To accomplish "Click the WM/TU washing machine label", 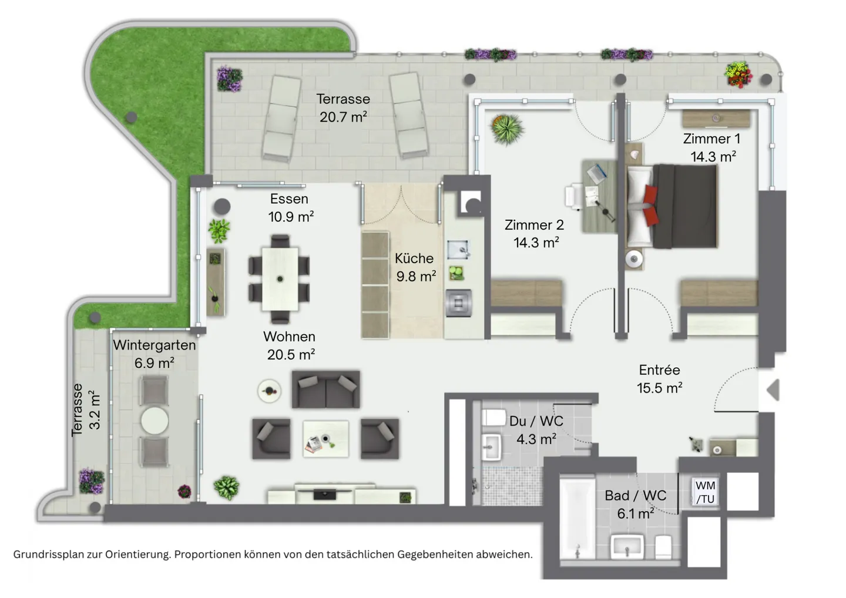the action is pos(705,492).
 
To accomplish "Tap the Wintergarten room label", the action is pos(154,345).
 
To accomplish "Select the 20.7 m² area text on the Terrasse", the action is pos(343,117).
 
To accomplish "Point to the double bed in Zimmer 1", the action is pos(672,206).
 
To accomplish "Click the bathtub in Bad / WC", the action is pos(577,519).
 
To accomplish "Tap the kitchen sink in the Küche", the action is pos(458,250).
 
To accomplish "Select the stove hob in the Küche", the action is pos(458,303).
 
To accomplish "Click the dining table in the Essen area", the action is pos(280,279).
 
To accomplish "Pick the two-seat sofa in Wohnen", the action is pos(325,389).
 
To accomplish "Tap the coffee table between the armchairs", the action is pos(325,439).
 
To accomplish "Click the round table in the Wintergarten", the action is pos(155,421).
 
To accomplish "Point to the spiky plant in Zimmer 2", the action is pos(507,129).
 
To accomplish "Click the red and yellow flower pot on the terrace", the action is pos(738,75).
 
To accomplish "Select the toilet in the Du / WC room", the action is pos(493,418).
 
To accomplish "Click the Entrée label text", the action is pos(659,370).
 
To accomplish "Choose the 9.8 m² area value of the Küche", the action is pos(416,276).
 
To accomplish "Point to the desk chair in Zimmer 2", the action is pos(573,196).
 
